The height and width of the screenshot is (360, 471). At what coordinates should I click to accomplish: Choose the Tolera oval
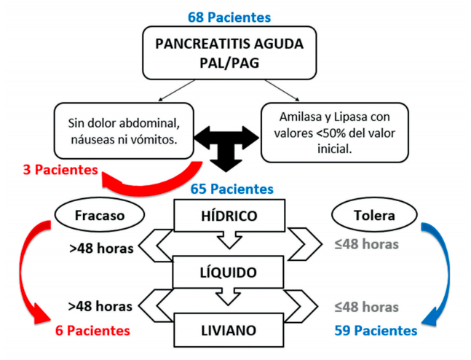[x=364, y=216]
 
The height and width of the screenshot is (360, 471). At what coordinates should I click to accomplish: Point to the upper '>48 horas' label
[x=100, y=248]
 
